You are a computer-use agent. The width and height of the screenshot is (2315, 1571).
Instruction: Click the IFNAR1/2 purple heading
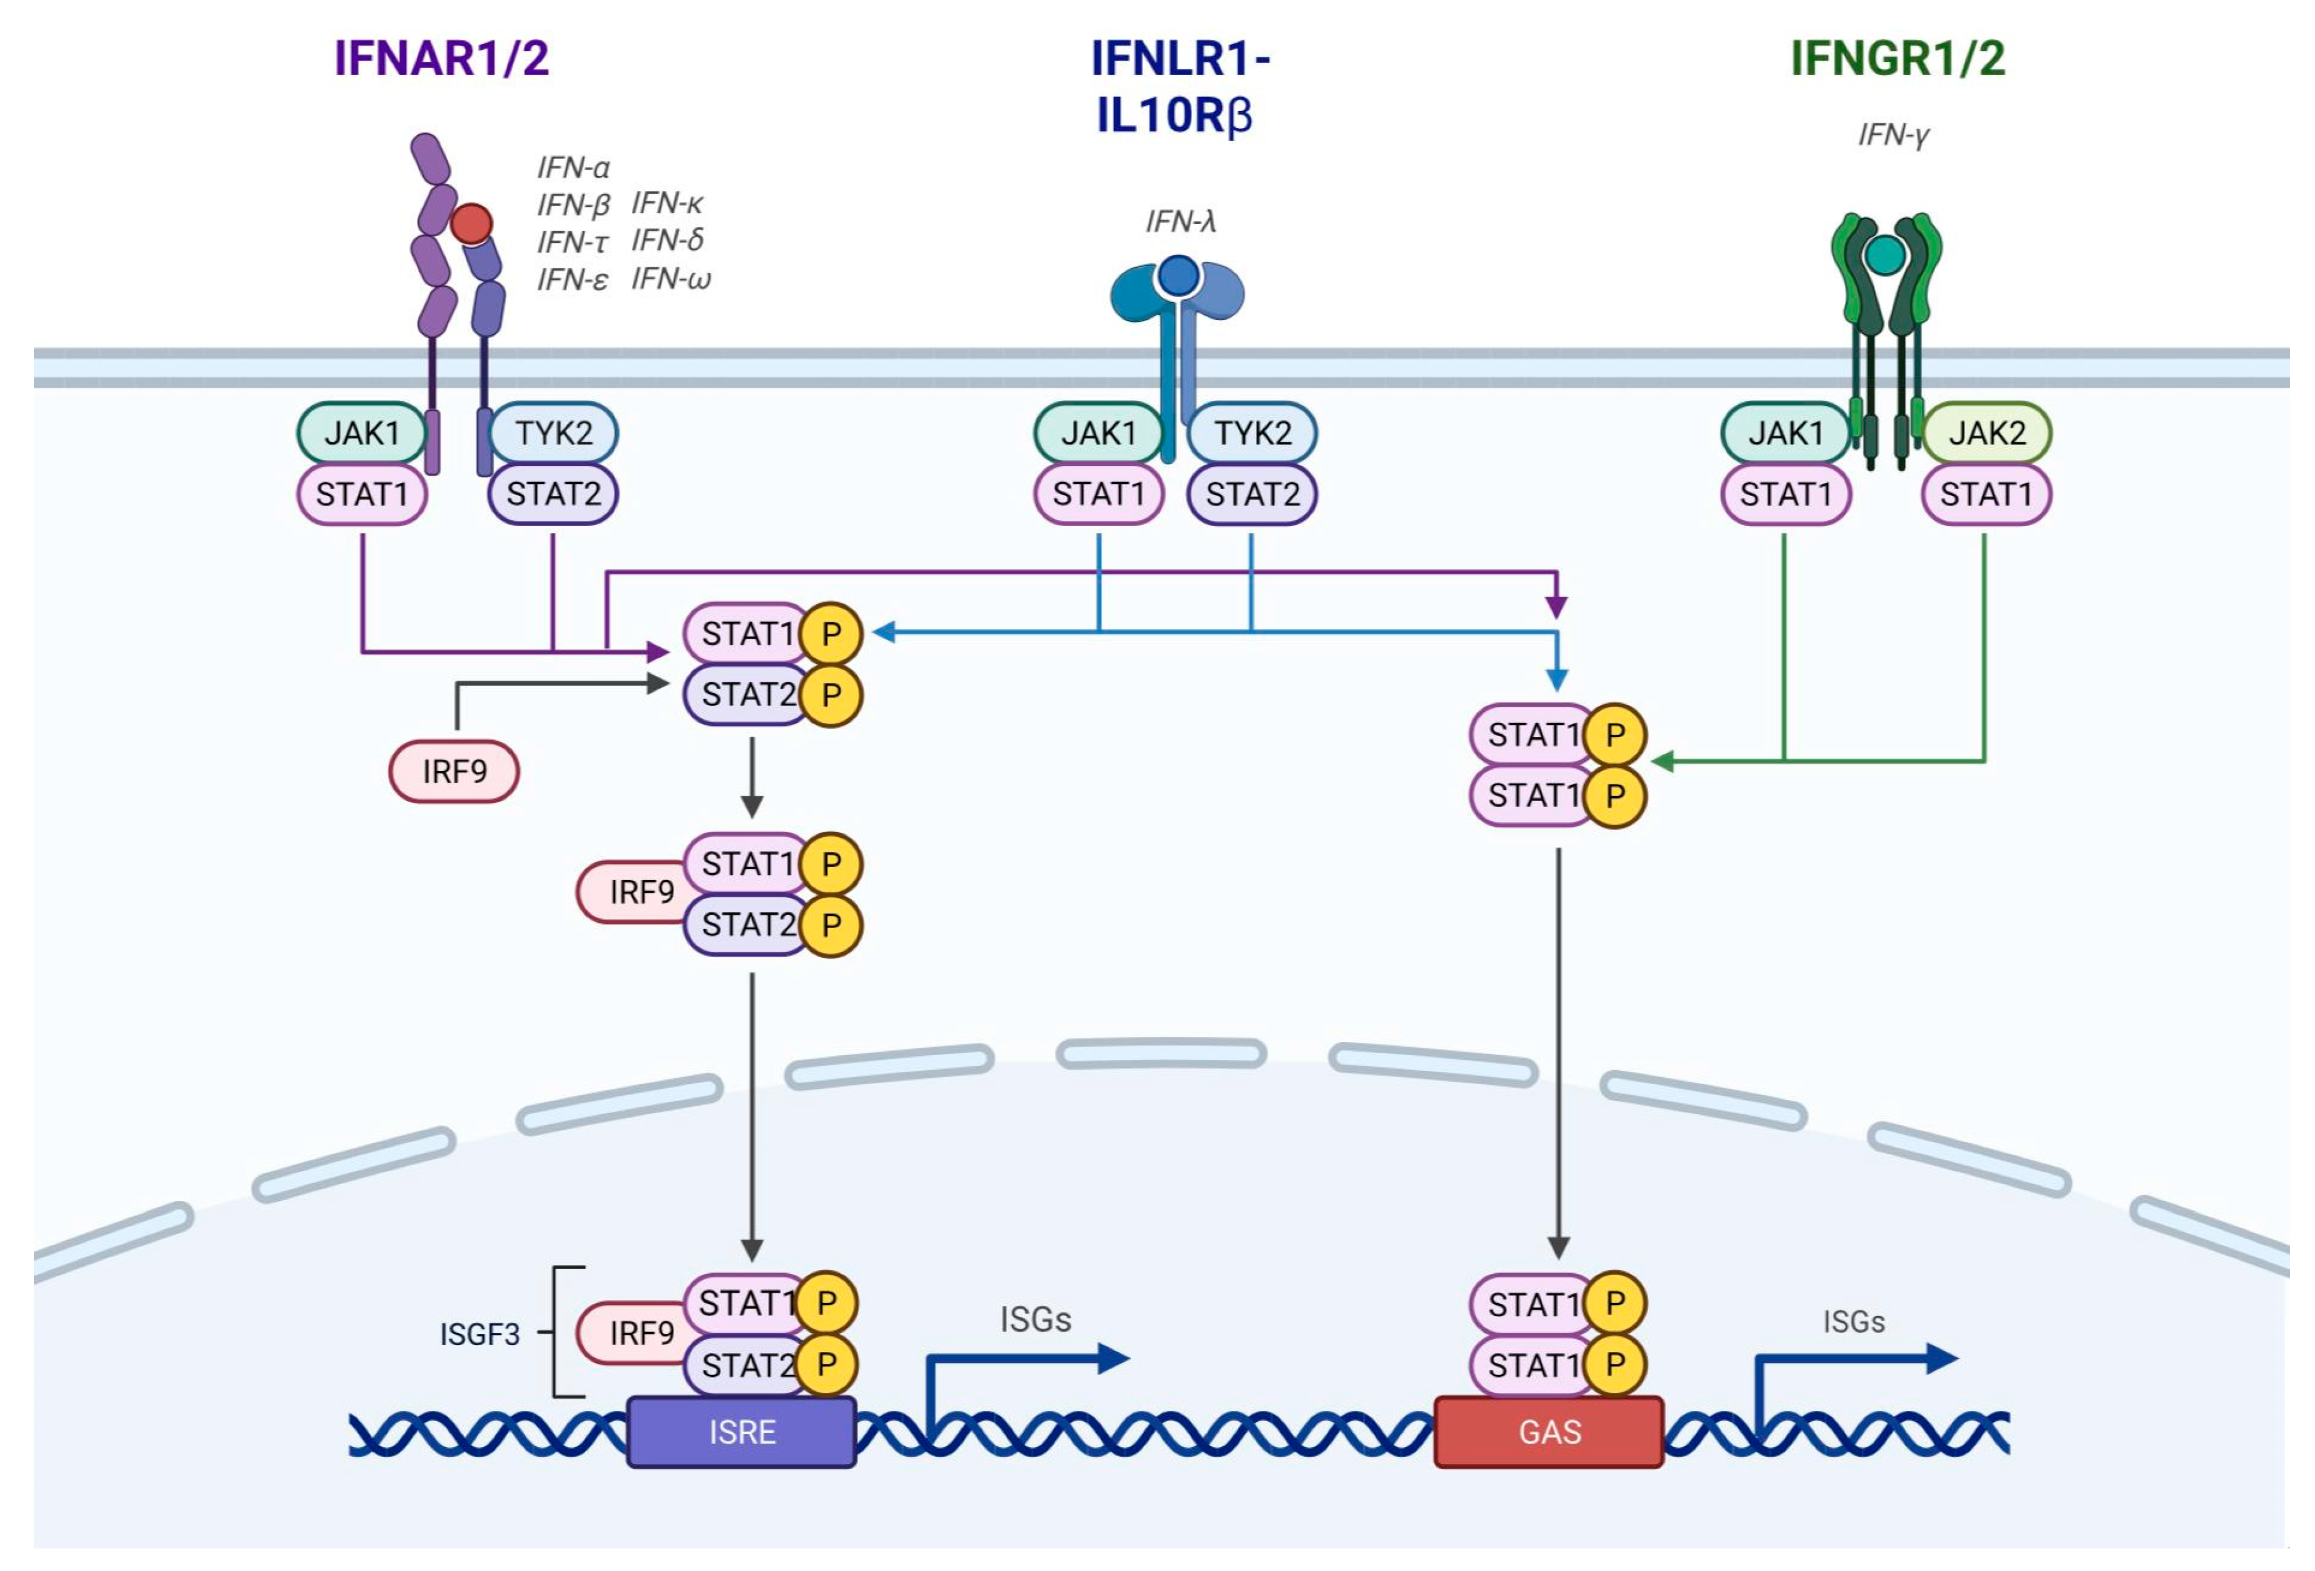click(441, 58)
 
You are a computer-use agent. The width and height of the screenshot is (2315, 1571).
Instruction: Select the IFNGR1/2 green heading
click(1898, 58)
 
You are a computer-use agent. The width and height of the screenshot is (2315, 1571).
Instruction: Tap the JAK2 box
click(1986, 433)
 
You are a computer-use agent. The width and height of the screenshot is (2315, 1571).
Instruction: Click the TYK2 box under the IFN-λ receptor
click(1252, 433)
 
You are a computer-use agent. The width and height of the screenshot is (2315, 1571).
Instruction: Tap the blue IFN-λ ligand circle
click(1178, 276)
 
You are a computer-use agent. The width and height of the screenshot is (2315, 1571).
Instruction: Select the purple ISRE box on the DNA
click(741, 1432)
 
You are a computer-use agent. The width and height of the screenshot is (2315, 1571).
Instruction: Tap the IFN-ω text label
click(671, 279)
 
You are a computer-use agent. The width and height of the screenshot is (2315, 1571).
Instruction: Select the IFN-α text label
click(573, 167)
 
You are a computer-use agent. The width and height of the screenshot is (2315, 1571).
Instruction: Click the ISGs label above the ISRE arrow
click(1035, 1319)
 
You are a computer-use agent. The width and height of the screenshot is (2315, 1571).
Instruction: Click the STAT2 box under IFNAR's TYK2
click(553, 493)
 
